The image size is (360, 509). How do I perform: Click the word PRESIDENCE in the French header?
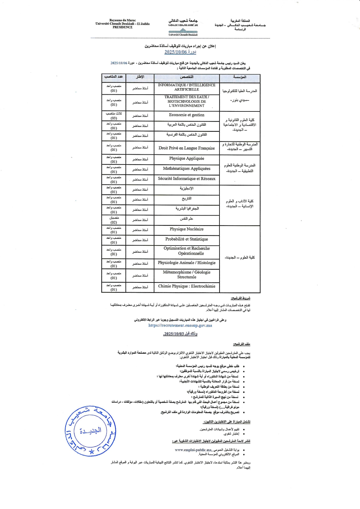click(122, 27)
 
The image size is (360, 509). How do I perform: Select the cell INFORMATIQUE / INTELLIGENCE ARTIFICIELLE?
click(186, 87)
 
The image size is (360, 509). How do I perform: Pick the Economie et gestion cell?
click(186, 115)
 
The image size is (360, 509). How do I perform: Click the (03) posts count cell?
click(114, 116)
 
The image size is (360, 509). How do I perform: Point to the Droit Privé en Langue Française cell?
click(186, 148)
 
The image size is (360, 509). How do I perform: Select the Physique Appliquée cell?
click(186, 158)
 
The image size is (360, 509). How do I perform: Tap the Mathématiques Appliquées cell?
click(186, 169)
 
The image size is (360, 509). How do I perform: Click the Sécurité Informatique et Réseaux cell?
click(186, 179)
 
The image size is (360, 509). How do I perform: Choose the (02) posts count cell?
click(114, 220)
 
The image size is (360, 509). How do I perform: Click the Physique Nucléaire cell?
click(186, 229)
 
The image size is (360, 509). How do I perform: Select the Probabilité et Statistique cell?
click(186, 239)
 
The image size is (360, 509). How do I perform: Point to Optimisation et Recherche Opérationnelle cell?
click(186, 251)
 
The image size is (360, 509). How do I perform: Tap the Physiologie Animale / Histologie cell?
click(186, 263)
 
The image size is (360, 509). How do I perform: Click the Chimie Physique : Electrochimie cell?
click(186, 286)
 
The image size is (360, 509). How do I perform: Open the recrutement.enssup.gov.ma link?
click(180, 325)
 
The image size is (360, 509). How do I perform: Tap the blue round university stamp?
click(90, 431)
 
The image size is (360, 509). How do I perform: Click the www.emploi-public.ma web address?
click(193, 450)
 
